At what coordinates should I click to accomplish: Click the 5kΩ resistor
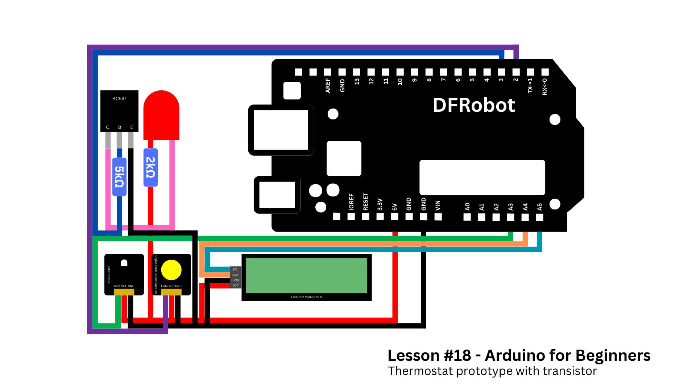pos(119,177)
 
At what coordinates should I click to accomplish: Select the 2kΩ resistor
pos(150,167)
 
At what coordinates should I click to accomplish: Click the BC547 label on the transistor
pos(119,99)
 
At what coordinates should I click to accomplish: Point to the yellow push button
pos(171,270)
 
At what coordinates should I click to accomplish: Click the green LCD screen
pos(307,275)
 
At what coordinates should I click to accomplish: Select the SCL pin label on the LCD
pos(235,269)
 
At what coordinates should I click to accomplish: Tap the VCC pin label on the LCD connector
pos(235,285)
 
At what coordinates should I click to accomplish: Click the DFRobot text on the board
pos(474,105)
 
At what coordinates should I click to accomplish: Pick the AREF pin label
pos(328,86)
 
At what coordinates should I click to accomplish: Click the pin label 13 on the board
pos(357,81)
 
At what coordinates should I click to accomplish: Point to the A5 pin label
pos(539,207)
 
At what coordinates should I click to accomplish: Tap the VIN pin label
pos(438,206)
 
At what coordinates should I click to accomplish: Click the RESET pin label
pos(365,202)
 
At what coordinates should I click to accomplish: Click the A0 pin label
pos(467,207)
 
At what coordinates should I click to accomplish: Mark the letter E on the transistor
pos(132,127)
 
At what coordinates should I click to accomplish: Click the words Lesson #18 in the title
pos(429,356)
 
